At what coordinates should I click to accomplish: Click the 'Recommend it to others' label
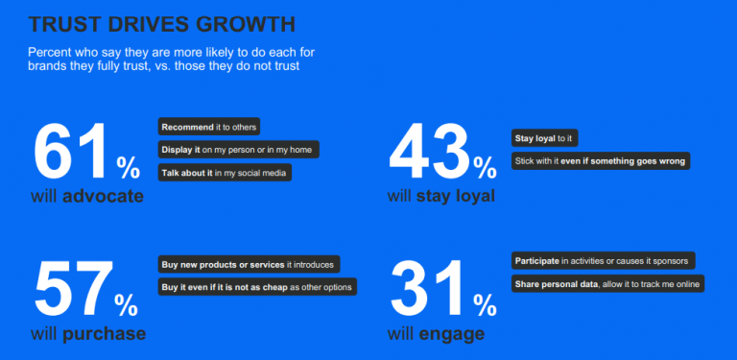click(x=208, y=127)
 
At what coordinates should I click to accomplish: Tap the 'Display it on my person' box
click(x=238, y=150)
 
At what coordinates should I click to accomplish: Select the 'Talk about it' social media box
click(x=224, y=173)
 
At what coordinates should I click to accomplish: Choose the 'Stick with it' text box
click(x=600, y=161)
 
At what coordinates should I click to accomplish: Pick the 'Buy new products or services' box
click(x=248, y=264)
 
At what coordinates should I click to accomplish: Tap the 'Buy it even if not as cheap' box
click(x=257, y=286)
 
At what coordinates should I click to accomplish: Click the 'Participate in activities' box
click(x=599, y=260)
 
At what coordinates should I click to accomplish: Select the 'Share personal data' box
click(x=607, y=283)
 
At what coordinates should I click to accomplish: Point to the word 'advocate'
click(x=103, y=197)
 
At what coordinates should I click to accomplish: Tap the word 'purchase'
click(x=104, y=334)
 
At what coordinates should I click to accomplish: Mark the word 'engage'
click(x=449, y=334)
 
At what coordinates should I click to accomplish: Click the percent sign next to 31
click(x=484, y=305)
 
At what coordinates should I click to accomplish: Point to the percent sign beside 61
click(x=128, y=168)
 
